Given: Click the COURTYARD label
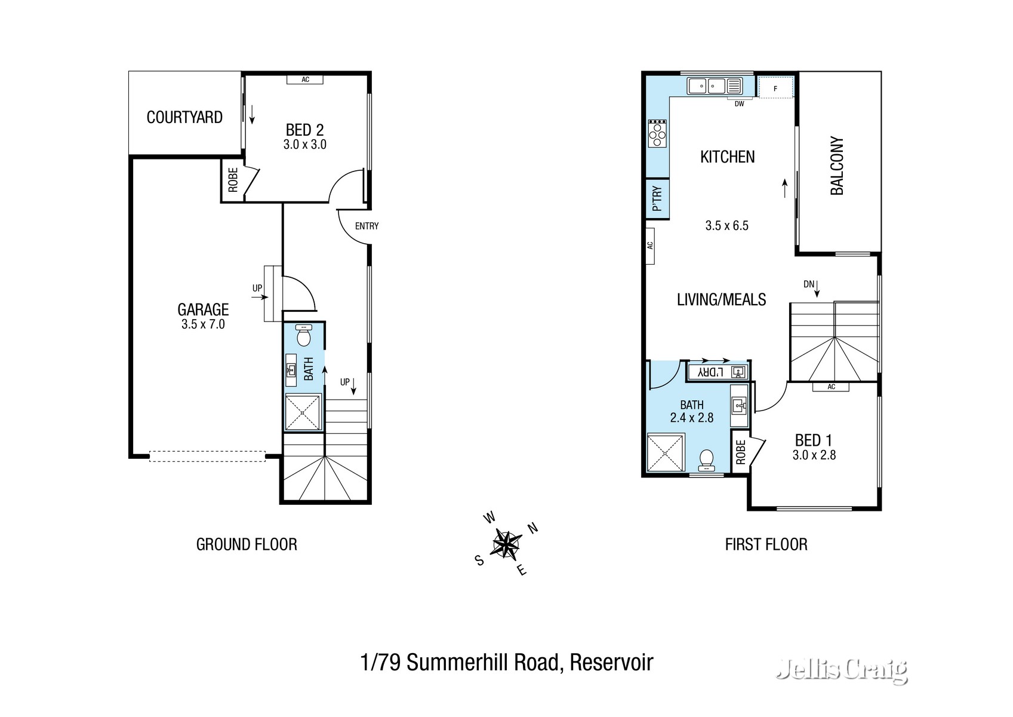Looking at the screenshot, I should point(184,117).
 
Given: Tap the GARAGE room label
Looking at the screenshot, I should point(203,310).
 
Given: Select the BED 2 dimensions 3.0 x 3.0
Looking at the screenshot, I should point(304,145).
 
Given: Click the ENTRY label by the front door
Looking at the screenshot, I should point(367,226).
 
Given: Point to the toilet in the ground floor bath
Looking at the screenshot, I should point(304,337).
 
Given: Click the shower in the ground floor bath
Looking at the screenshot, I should point(303,412).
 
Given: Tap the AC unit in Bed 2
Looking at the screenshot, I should point(305,79).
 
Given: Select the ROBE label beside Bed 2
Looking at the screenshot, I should point(233,180).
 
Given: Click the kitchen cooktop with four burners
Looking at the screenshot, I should point(657,133).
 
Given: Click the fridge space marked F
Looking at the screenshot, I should point(775,88).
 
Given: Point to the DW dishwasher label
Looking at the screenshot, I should point(740,104).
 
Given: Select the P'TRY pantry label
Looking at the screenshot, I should point(657,198).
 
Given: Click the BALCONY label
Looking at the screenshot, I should point(837,166).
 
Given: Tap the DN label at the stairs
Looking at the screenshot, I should point(809,284).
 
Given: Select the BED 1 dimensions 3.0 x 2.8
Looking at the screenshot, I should point(814,455).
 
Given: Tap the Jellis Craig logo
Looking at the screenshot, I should point(842,670).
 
